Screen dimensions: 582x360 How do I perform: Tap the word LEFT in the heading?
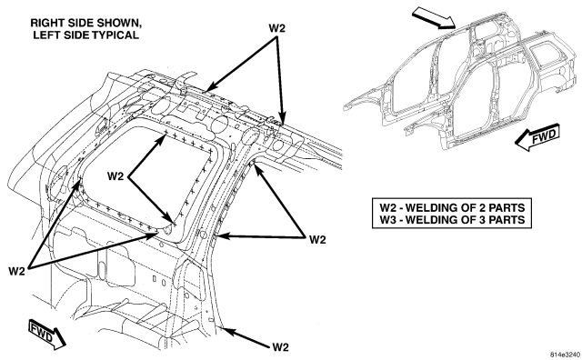click(46, 35)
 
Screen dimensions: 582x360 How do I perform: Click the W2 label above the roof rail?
click(276, 28)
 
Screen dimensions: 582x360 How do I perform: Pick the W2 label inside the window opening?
click(115, 176)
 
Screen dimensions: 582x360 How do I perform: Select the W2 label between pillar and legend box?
click(317, 240)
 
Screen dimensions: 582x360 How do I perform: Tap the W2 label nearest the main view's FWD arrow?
click(16, 271)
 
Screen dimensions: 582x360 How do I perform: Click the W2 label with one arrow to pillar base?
click(280, 347)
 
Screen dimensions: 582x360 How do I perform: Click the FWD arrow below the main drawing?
click(46, 335)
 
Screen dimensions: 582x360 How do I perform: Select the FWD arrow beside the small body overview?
click(537, 137)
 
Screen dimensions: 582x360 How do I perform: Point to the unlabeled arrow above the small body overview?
click(434, 19)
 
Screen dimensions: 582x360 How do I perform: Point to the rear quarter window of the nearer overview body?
click(543, 54)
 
